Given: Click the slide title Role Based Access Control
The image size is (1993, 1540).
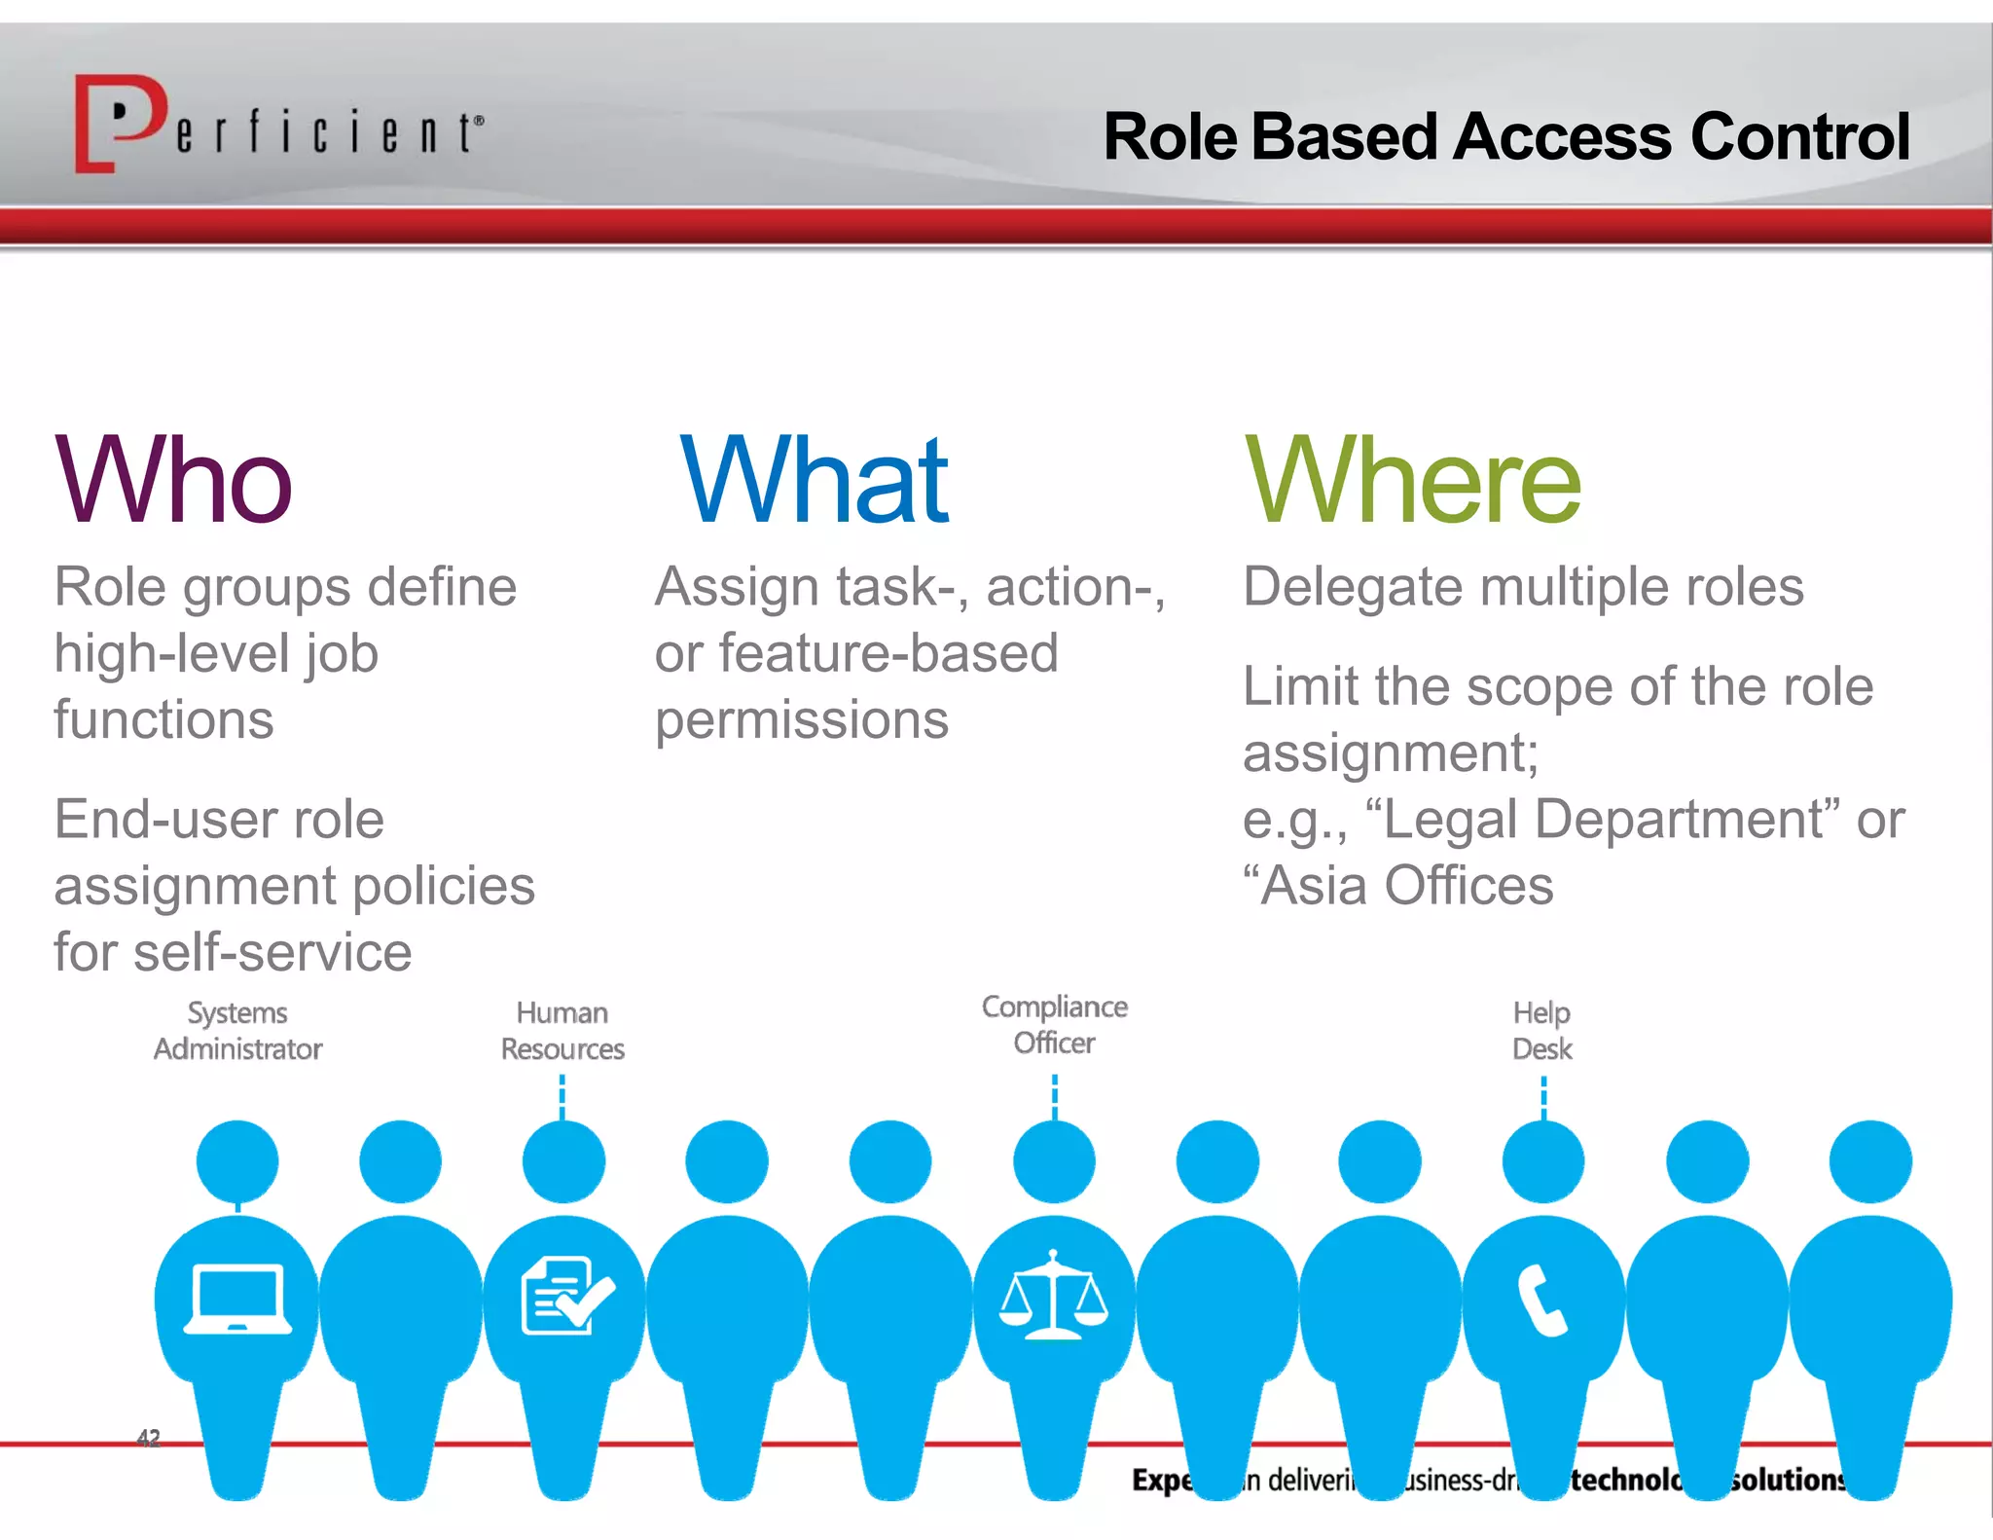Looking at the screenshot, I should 1505,136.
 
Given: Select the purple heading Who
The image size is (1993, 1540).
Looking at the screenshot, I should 173,480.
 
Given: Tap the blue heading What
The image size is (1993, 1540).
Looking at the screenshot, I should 814,480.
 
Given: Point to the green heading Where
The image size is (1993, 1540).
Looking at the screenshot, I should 1412,480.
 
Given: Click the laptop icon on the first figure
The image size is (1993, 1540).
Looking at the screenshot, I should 238,1299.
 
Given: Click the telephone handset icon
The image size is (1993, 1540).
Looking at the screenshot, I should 1542,1301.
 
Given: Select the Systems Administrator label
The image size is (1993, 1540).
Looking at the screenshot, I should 237,1031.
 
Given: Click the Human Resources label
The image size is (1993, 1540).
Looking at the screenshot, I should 562,1031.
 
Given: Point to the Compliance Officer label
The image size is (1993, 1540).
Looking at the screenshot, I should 1054,1024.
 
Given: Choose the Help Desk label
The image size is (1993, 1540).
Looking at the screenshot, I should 1542,1031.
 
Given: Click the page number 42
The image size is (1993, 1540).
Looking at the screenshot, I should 148,1437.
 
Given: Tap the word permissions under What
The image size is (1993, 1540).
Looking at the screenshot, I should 801,720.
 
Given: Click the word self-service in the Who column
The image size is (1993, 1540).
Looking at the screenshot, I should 272,952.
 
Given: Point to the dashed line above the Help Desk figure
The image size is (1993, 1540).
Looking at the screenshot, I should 1543,1098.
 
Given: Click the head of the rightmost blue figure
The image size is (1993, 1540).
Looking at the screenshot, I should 1869,1161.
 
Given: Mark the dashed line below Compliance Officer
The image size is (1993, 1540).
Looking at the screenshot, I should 1055,1096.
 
